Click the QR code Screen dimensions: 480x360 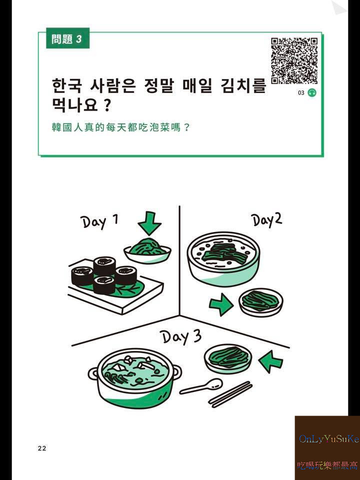click(x=294, y=60)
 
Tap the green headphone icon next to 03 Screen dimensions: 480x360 click(x=312, y=93)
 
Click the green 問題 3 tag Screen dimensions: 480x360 click(x=67, y=39)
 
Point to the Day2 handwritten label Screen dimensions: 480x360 click(x=266, y=220)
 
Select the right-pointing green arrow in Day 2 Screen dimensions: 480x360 click(x=221, y=304)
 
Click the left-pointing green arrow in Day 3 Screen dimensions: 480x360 click(x=271, y=361)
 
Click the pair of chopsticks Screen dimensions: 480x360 click(x=230, y=394)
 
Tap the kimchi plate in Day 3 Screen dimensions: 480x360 click(x=228, y=358)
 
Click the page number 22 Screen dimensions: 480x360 click(x=41, y=448)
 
